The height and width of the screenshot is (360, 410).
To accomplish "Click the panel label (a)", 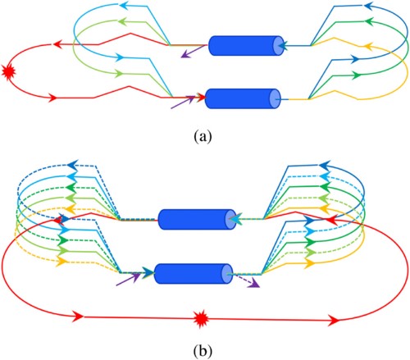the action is (x=203, y=136).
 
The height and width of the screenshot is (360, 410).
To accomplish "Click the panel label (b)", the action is (x=203, y=351).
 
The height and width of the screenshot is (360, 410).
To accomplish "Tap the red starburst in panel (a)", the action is (x=8, y=72).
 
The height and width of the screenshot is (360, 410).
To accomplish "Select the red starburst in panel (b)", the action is (x=202, y=319).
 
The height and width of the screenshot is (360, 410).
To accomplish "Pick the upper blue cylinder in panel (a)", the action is (x=246, y=46).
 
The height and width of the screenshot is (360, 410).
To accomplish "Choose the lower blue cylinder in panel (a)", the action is (x=243, y=98).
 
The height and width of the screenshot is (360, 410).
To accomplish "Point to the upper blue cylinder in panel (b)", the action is (x=197, y=220).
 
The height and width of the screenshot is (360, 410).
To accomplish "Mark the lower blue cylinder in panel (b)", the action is (x=194, y=274).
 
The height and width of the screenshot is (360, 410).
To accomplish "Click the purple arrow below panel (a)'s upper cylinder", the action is (x=193, y=52).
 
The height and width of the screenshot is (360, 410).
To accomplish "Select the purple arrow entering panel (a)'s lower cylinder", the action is (x=183, y=103).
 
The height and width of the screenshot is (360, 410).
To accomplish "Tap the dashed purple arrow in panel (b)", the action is (x=246, y=281).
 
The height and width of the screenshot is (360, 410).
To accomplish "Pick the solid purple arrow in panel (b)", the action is (x=127, y=280).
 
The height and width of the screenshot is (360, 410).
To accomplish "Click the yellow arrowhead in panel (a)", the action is (x=368, y=47).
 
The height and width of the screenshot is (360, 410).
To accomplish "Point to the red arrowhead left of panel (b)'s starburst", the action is (x=79, y=317).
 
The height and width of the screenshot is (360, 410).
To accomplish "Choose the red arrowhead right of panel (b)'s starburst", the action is (x=334, y=320).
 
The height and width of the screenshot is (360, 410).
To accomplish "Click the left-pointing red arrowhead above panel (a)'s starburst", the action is (x=57, y=44).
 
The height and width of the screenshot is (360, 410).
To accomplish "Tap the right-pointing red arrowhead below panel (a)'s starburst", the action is (x=52, y=98).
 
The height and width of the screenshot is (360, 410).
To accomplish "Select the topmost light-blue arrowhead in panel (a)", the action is (x=124, y=6).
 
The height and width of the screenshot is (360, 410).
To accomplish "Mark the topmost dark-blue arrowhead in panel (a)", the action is (x=369, y=6).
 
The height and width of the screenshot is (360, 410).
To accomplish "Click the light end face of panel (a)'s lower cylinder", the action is (x=275, y=98).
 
